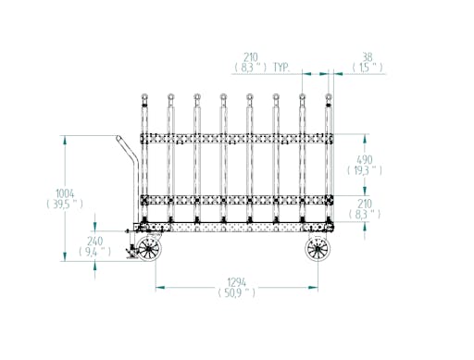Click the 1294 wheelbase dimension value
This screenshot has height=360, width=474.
point(237,282)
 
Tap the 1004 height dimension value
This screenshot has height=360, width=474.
point(65,193)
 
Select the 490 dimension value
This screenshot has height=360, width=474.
point(365,160)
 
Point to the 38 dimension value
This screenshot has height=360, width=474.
point(368,57)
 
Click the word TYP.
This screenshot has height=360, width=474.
point(281,68)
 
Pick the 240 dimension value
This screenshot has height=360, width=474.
point(94,241)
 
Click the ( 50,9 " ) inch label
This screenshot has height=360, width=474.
point(237,292)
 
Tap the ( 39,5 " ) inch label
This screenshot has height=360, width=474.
point(65,204)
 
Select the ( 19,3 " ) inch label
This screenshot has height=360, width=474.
point(365,170)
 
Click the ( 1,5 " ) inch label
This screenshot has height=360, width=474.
point(368,68)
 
